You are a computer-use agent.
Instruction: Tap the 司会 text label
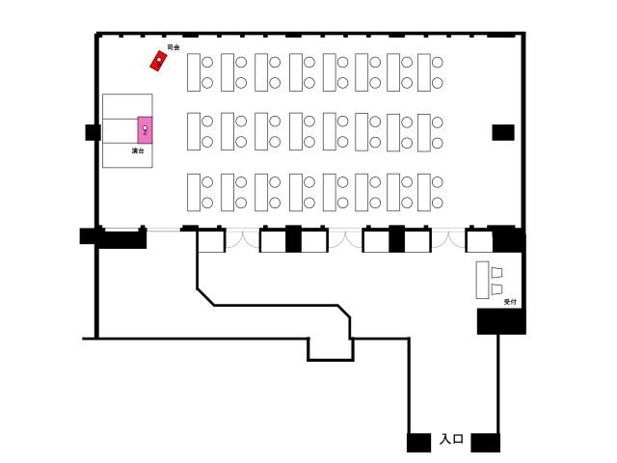(174, 46)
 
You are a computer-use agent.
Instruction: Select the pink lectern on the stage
(146, 129)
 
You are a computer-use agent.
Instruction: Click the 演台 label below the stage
(139, 151)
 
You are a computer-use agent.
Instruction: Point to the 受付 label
(510, 302)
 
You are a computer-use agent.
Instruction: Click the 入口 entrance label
(451, 440)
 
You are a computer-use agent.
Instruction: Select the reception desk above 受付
(483, 279)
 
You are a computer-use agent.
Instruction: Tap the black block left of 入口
(419, 443)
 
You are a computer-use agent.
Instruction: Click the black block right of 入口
(485, 443)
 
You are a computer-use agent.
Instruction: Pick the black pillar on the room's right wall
(503, 132)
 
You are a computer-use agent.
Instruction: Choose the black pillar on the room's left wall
(93, 133)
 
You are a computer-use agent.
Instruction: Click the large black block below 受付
(501, 321)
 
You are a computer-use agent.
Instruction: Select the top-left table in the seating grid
(194, 72)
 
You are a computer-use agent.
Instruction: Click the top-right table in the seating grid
(423, 72)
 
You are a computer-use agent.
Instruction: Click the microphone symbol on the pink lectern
(145, 128)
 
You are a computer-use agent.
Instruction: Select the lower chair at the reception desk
(496, 287)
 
